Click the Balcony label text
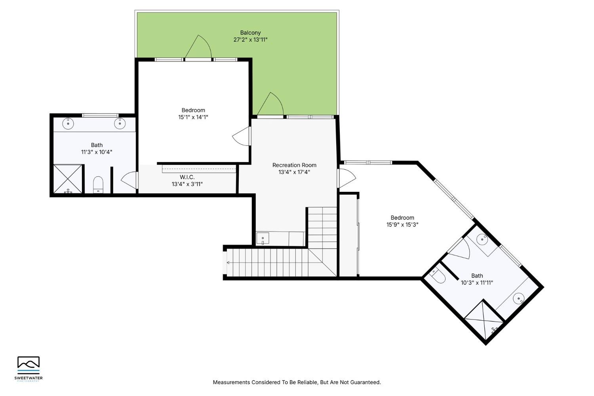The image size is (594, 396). click(250, 33)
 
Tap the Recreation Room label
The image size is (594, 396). click(294, 165)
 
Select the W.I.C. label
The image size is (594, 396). click(187, 177)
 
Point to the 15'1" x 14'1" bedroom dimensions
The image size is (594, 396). click(193, 117)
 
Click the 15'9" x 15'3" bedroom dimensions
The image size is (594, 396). click(402, 224)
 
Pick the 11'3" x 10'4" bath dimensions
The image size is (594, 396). click(97, 152)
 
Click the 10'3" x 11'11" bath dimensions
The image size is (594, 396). click(477, 283)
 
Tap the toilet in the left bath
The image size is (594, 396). click(98, 185)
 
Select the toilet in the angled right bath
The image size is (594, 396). click(437, 276)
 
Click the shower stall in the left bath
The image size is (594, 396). click(68, 179)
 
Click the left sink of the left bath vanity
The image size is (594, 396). click(69, 123)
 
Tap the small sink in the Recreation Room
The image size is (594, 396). click(263, 239)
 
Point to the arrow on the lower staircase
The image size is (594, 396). click(228, 262)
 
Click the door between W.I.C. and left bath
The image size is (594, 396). click(129, 181)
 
